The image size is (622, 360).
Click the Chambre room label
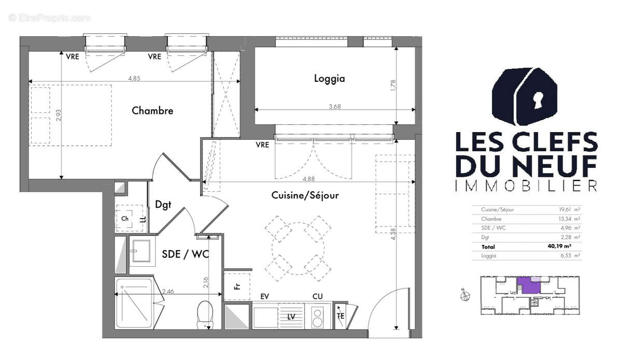click(152, 110)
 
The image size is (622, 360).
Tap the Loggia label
click(329, 79)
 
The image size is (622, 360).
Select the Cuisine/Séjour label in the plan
click(305, 195)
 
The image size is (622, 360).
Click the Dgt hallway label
click(163, 205)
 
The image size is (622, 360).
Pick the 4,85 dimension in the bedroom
click(134, 79)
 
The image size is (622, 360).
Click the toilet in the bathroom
click(205, 314)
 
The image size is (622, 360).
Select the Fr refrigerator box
click(237, 285)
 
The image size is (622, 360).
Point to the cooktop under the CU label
click(318, 316)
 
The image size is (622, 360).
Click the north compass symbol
click(465, 296)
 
